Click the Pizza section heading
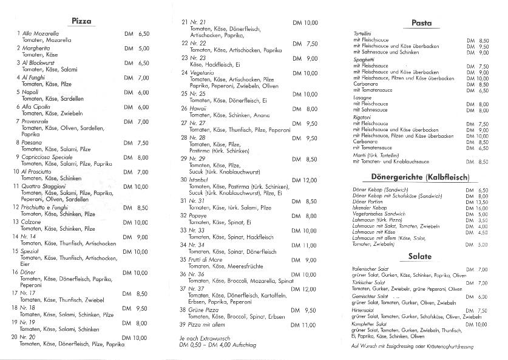click(x=81, y=21)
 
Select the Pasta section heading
click(x=421, y=23)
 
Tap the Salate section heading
click(x=421, y=257)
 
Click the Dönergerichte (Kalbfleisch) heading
click(x=421, y=177)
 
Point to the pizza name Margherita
click(x=35, y=48)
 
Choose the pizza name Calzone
click(x=31, y=222)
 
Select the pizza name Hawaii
click(x=198, y=109)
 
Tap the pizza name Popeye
click(x=199, y=216)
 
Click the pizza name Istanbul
click(x=200, y=180)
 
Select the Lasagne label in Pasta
click(x=363, y=98)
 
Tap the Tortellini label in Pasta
click(x=364, y=33)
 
